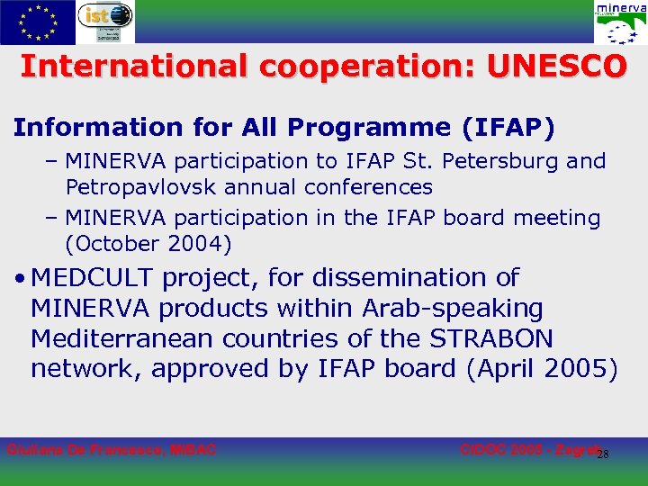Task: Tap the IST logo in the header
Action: tap(104, 22)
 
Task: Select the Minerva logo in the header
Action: tap(619, 22)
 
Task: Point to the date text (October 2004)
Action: tap(148, 244)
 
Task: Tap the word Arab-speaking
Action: tap(453, 309)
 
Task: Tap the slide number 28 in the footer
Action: tap(604, 454)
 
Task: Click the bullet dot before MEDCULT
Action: tap(19, 279)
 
